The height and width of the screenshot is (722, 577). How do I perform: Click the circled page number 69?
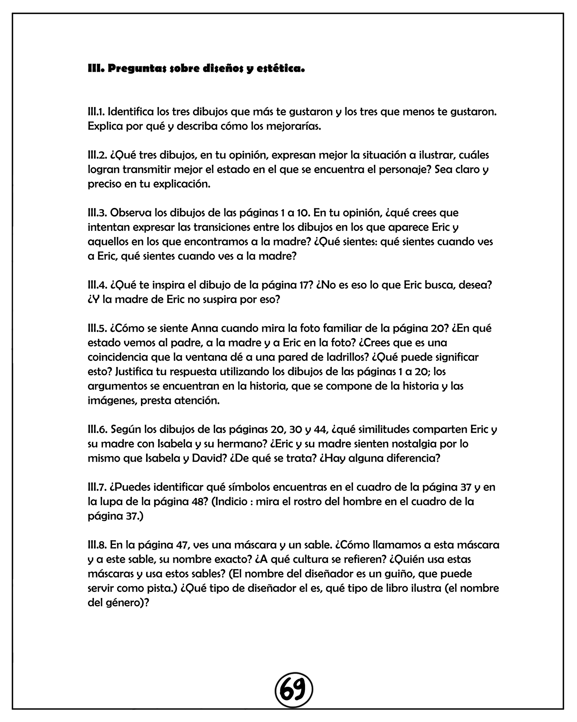click(294, 690)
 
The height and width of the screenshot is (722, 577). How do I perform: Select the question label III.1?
click(96, 112)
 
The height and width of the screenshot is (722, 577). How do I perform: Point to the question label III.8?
click(97, 545)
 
